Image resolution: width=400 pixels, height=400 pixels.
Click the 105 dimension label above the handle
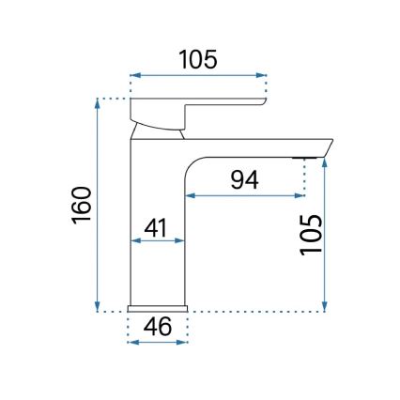(198, 59)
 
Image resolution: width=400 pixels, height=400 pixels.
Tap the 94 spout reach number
(244, 178)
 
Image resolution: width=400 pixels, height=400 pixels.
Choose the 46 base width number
(158, 328)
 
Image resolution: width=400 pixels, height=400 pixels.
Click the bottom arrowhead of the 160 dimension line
(98, 306)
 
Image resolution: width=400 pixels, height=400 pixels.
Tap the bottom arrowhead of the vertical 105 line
(325, 306)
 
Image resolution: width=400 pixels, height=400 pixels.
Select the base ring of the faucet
(158, 308)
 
